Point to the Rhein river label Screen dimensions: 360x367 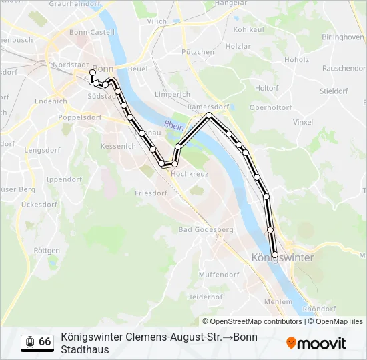coord(173,125)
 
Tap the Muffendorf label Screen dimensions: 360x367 coord(219,274)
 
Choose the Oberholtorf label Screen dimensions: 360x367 coord(270,107)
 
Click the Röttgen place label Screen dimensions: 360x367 coord(46,251)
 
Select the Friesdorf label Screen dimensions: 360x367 coord(151,193)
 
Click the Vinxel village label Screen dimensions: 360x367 coord(303,123)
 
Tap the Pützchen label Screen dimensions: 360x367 coord(198,52)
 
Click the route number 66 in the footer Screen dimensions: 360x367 coord(45,341)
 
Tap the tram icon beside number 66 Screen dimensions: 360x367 coord(30,341)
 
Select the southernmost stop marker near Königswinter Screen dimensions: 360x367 coord(274,255)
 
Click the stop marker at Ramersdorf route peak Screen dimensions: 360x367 coord(209,115)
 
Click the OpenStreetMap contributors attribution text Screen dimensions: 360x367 coord(252,321)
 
